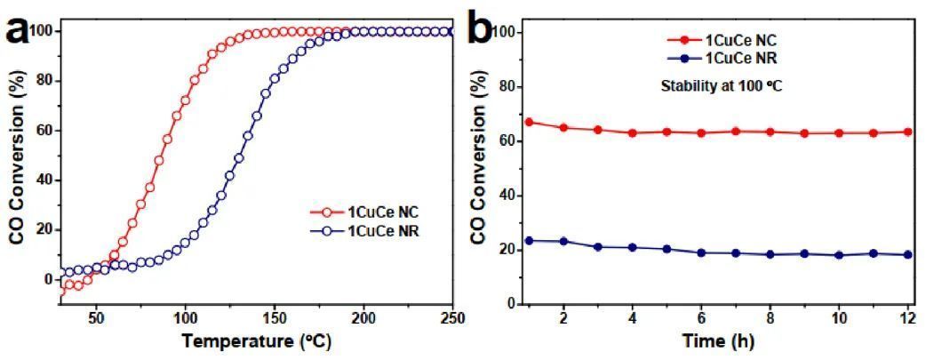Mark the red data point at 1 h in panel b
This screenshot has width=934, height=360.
coord(529,122)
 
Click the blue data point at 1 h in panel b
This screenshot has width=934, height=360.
coord(529,240)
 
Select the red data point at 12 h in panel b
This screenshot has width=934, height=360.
coord(906,132)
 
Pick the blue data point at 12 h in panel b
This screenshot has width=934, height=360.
coord(906,254)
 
